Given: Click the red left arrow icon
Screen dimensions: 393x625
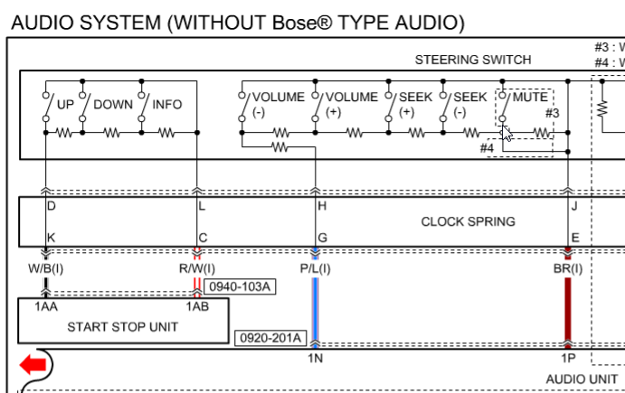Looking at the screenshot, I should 33,366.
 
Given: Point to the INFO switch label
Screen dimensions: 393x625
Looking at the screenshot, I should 166,105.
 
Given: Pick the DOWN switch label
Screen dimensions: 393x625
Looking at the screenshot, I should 113,105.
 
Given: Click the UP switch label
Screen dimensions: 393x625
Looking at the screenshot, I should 65,105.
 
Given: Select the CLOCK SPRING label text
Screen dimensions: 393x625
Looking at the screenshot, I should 468,221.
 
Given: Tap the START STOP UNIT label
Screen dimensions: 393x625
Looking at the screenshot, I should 123,327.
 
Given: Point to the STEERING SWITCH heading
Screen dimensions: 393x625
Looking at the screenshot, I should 473,61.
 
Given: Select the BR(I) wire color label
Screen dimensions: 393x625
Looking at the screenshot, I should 567,268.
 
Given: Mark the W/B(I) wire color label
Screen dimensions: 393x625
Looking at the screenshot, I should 46,268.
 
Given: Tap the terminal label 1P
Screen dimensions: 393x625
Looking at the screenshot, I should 567,359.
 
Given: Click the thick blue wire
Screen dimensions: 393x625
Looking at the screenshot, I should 315,307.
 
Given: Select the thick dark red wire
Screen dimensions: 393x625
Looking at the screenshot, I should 568,307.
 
